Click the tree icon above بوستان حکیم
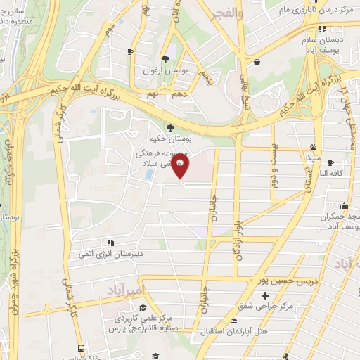[x=170, y=127]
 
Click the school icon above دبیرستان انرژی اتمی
[x=111, y=243]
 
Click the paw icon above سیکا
[x=312, y=148]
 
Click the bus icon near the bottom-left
[x=82, y=348]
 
